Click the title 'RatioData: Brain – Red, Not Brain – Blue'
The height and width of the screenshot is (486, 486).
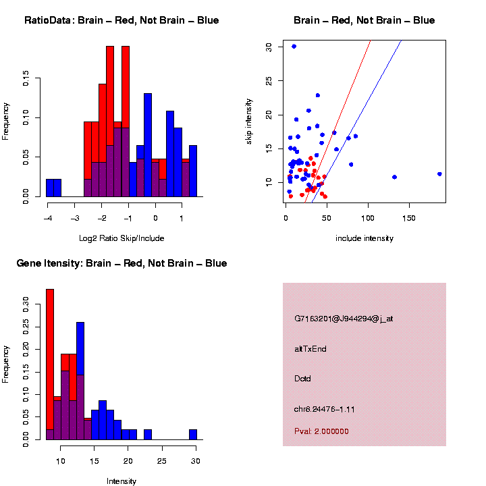pos(122,21)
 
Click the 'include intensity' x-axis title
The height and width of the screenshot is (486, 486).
pos(364,238)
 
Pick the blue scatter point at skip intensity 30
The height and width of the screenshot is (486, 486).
pos(294,47)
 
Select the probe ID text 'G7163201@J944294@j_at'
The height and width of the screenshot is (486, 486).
pos(343,319)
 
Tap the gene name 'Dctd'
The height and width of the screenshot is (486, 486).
pos(302,379)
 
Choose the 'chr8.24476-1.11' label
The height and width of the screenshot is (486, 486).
pos(325,409)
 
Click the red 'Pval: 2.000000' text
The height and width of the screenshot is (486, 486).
pos(321,431)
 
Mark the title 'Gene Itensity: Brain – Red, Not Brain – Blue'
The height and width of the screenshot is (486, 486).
pos(122,263)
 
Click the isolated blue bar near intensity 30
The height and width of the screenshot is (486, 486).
pos(193,435)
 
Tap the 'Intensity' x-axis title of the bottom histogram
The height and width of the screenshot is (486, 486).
pos(122,481)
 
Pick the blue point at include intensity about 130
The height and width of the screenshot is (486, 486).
pos(394,177)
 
